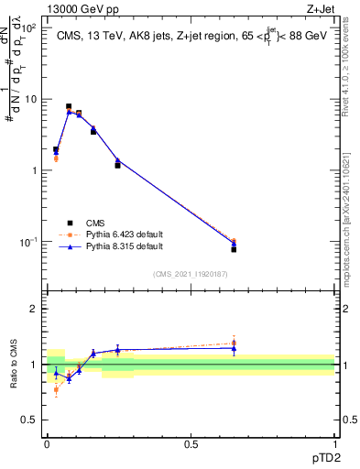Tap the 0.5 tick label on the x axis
click(x=191, y=442)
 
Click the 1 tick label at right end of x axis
click(x=334, y=442)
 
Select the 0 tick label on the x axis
click(x=47, y=442)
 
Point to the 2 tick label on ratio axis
click(x=35, y=309)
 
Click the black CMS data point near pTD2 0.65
click(x=234, y=249)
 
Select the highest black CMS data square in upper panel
click(x=69, y=107)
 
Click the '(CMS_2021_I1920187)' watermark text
click(x=190, y=274)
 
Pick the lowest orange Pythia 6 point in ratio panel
click(x=56, y=389)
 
